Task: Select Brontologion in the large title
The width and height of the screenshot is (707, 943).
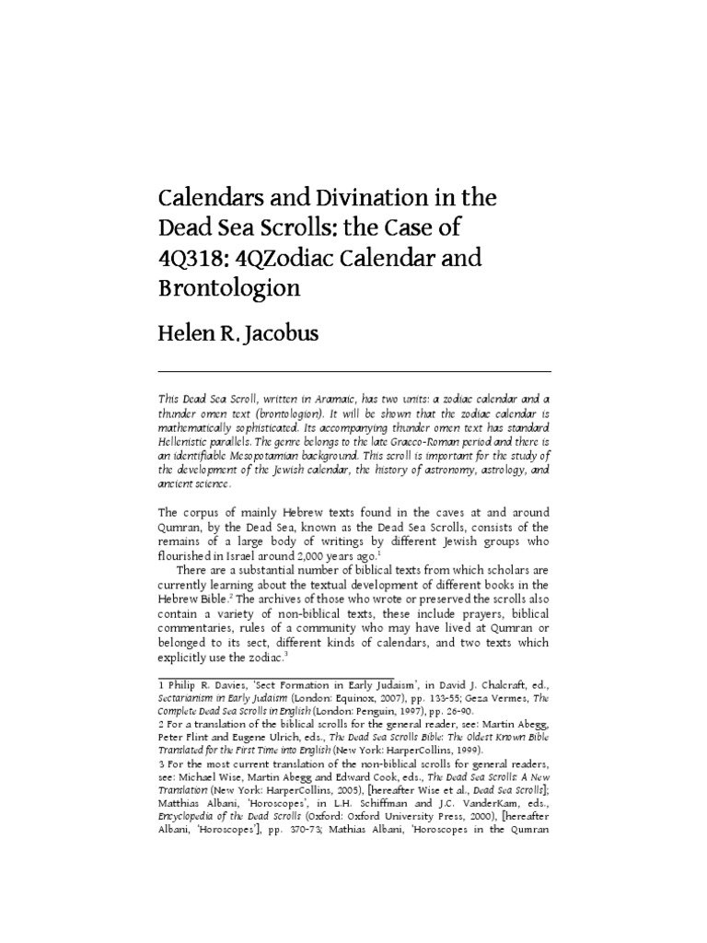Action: (x=230, y=287)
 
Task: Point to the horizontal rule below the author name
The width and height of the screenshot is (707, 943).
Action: (x=354, y=370)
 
